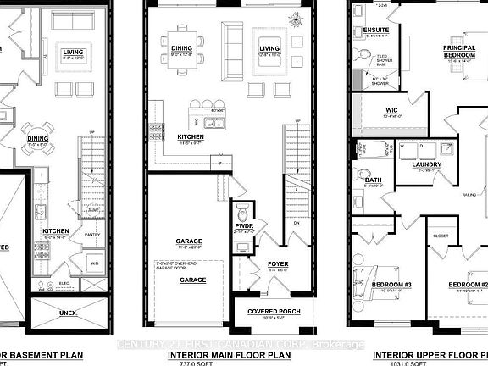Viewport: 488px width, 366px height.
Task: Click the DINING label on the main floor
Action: [x=181, y=49]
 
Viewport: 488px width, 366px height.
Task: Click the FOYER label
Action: [x=278, y=264]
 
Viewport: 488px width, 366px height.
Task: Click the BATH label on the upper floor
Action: [x=374, y=180]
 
